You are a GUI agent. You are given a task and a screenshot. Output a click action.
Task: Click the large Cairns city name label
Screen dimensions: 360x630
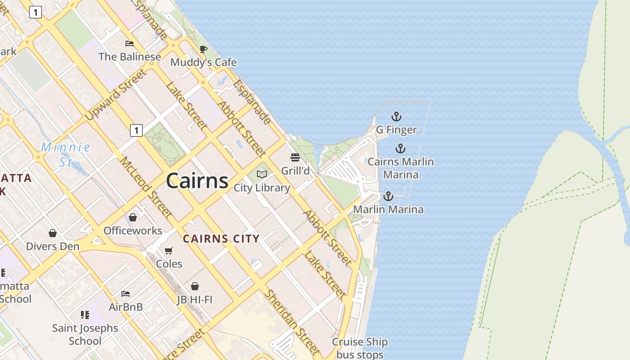[x=197, y=181]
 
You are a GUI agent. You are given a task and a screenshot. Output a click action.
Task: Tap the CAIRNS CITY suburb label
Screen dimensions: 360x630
[x=221, y=238]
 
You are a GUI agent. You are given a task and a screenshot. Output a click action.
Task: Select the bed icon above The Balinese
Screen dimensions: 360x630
[x=130, y=44]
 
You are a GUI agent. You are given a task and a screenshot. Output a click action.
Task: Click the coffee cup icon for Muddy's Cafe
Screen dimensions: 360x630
[x=203, y=49]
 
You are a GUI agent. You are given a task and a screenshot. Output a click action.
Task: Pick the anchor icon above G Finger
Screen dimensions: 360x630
[x=396, y=117]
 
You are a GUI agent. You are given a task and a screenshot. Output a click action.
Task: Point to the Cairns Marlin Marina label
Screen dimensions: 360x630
[x=400, y=168]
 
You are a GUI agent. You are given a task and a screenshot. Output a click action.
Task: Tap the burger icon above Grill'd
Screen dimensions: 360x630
[x=295, y=157]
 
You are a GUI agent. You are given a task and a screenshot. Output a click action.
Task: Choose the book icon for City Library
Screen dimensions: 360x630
[x=262, y=174]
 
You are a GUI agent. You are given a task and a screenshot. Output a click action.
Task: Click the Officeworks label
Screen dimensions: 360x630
[x=133, y=230]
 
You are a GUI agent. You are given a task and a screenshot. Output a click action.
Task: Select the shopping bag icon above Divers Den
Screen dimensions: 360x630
[x=53, y=233]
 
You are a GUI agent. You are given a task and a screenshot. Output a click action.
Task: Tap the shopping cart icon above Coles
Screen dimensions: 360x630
[x=169, y=251]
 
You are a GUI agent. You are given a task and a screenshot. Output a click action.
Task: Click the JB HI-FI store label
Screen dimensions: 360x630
[x=194, y=299]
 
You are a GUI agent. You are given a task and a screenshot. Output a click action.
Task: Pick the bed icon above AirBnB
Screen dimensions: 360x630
[x=126, y=294]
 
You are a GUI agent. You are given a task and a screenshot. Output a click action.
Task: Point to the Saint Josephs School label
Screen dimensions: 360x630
[x=85, y=334]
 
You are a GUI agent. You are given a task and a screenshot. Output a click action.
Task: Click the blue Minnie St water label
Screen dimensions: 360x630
[x=66, y=154]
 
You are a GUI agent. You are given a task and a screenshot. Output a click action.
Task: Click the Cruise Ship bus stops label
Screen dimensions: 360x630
[x=360, y=348]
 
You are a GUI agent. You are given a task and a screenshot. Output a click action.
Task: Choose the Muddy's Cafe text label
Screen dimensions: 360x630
[x=203, y=62]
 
